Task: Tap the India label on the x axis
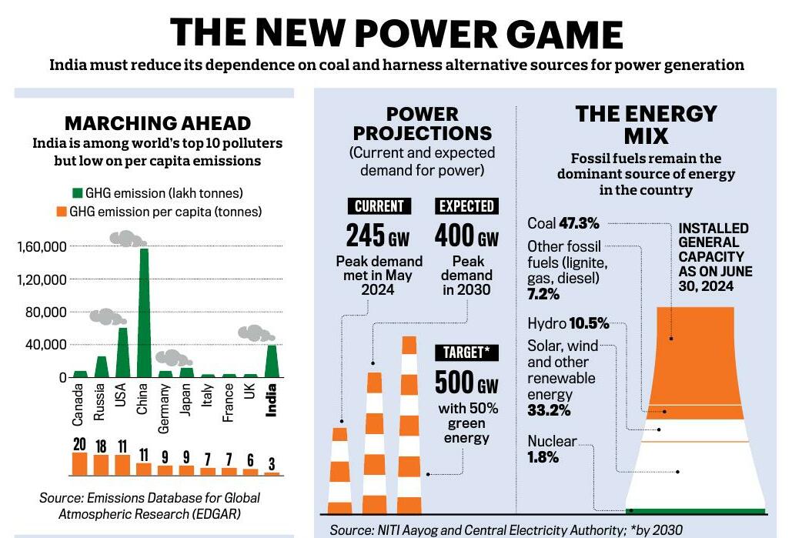click(271, 400)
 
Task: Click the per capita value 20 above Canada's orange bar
click(79, 445)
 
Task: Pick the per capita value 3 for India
click(271, 464)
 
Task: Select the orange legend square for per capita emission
click(62, 211)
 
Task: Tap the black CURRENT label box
click(379, 206)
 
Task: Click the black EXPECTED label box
click(466, 206)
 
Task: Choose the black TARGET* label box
click(466, 353)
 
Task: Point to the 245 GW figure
click(378, 236)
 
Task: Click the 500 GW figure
click(466, 383)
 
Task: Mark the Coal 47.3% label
click(563, 223)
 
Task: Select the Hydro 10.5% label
click(568, 322)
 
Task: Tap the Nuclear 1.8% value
click(543, 457)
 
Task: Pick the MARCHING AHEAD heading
click(157, 123)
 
